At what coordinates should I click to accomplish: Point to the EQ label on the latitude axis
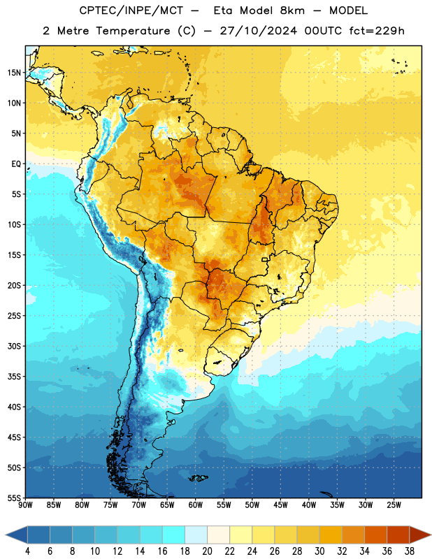click(16, 164)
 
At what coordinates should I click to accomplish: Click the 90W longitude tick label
click(25, 505)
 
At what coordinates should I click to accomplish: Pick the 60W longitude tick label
click(196, 505)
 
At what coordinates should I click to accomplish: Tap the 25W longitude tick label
click(394, 505)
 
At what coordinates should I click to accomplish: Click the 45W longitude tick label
click(280, 505)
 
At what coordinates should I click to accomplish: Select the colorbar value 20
click(207, 551)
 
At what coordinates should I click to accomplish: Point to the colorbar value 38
click(409, 551)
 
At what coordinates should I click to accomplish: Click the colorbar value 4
click(27, 551)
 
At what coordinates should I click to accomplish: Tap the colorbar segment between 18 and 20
click(196, 535)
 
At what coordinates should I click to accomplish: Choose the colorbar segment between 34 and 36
click(375, 535)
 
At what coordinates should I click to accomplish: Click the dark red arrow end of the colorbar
click(419, 535)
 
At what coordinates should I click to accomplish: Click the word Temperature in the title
click(133, 31)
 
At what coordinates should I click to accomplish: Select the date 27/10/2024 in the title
click(258, 31)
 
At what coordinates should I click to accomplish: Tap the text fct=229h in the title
click(377, 31)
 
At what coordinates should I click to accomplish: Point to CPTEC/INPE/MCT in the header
click(131, 10)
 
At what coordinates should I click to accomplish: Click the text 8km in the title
click(292, 10)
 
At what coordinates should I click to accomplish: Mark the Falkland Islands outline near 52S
click(198, 478)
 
